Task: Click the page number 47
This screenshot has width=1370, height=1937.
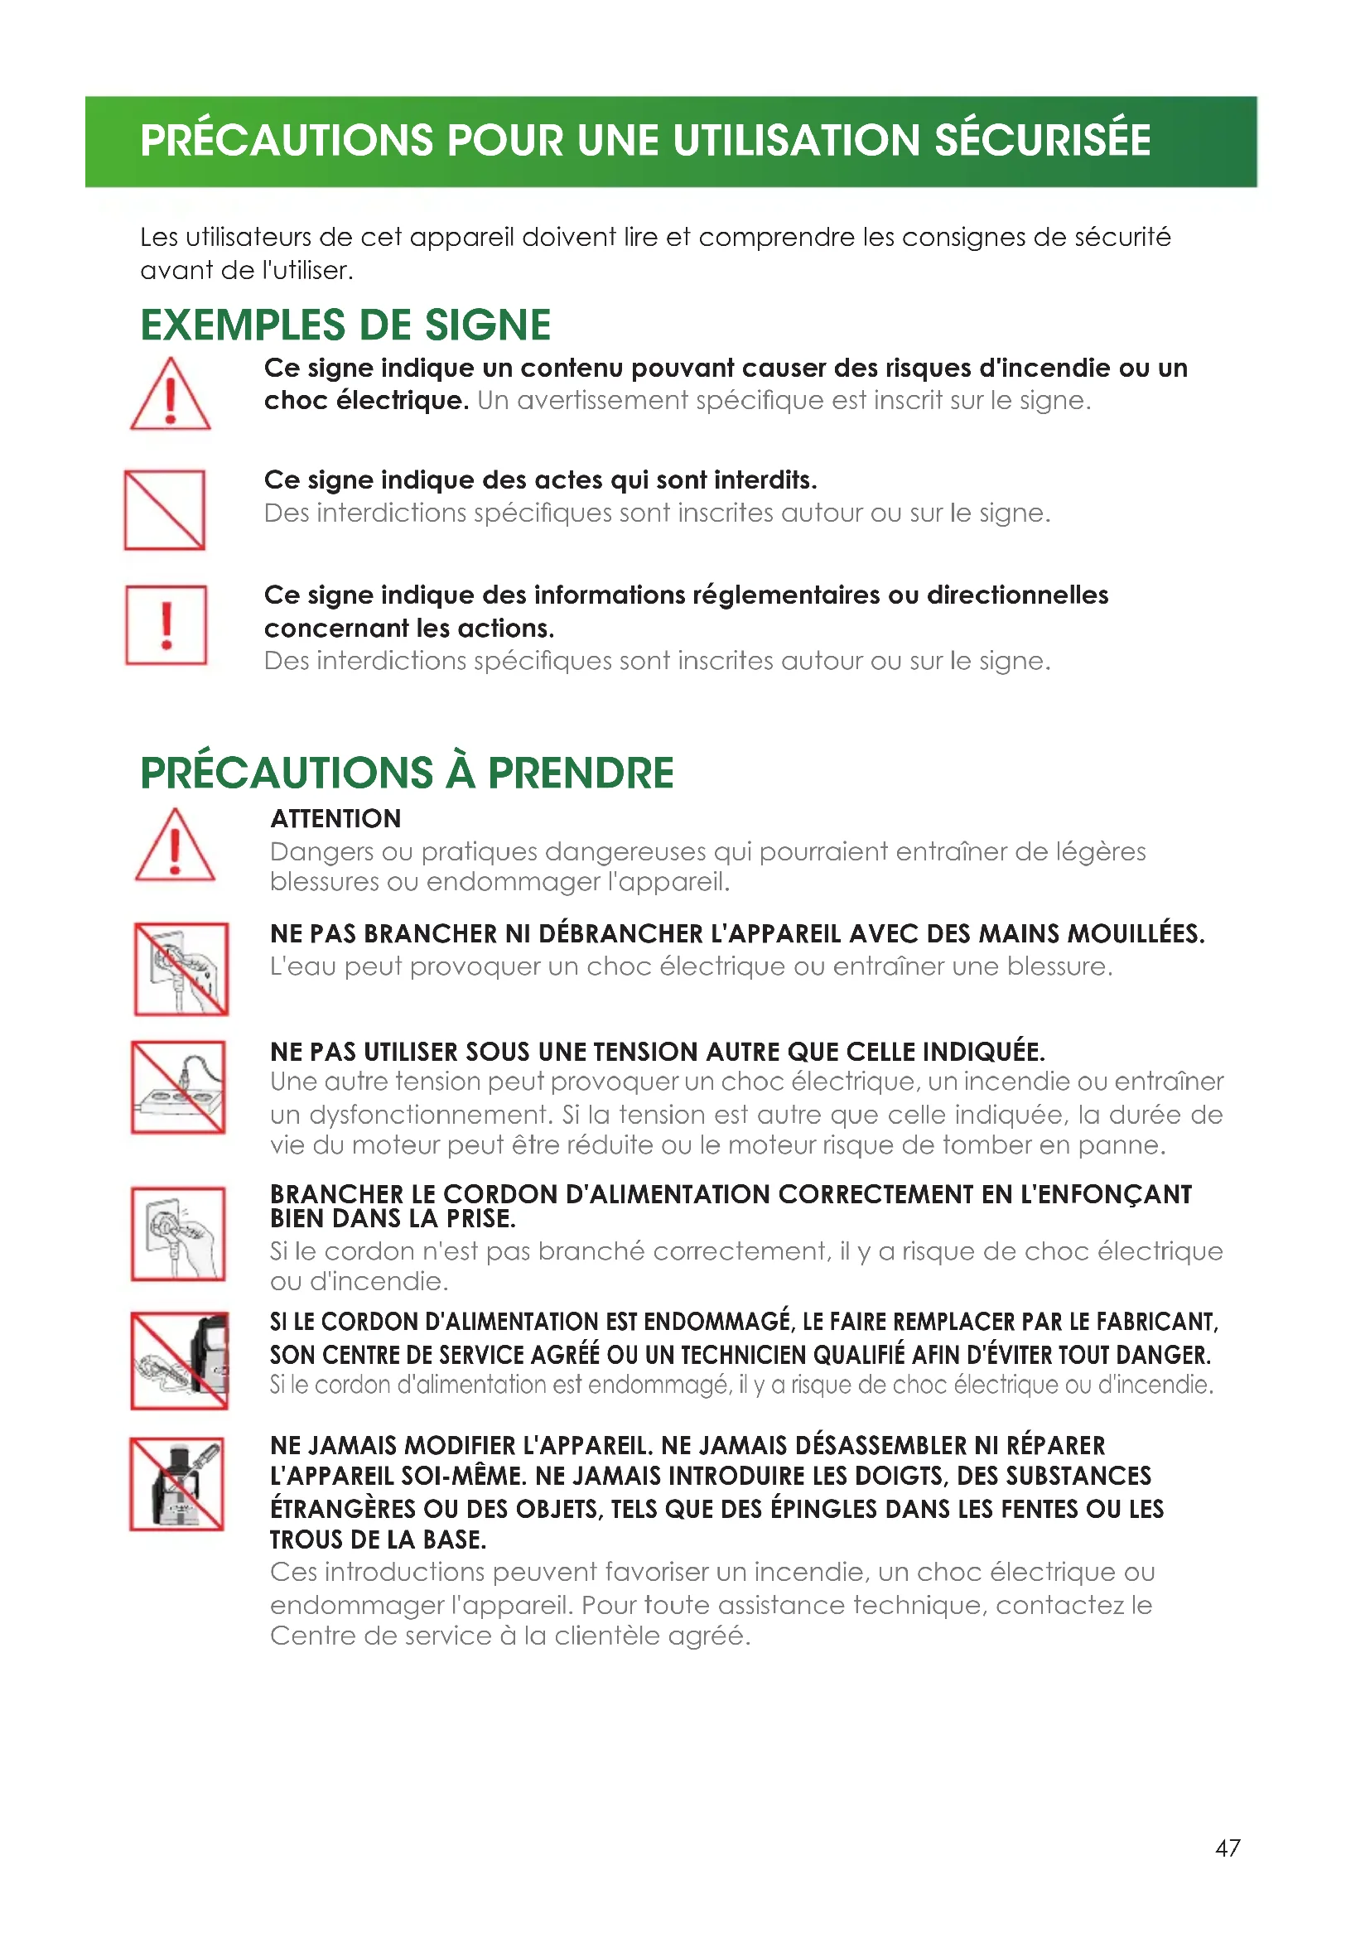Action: [x=1228, y=1848]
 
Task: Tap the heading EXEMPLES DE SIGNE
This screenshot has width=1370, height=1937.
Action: [x=345, y=325]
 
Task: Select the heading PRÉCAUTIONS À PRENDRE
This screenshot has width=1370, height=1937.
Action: [x=407, y=773]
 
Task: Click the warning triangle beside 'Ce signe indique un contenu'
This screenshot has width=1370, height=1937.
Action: [x=171, y=395]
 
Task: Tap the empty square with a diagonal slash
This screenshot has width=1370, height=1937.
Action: [x=165, y=510]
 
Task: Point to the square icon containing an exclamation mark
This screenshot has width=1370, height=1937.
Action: [x=166, y=625]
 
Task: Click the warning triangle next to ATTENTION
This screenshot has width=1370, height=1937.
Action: [x=175, y=846]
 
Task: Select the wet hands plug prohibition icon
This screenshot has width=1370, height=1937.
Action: [x=181, y=969]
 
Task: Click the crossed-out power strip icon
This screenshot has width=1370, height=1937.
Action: [x=178, y=1087]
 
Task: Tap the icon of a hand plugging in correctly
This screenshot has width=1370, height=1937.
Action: [x=178, y=1233]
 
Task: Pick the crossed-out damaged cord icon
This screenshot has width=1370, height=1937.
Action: [x=179, y=1360]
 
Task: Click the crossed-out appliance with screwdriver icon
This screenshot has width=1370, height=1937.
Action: [x=176, y=1484]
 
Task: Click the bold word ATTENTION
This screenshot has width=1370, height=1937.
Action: [x=335, y=819]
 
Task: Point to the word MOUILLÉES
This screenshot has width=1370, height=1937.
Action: [x=1136, y=934]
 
